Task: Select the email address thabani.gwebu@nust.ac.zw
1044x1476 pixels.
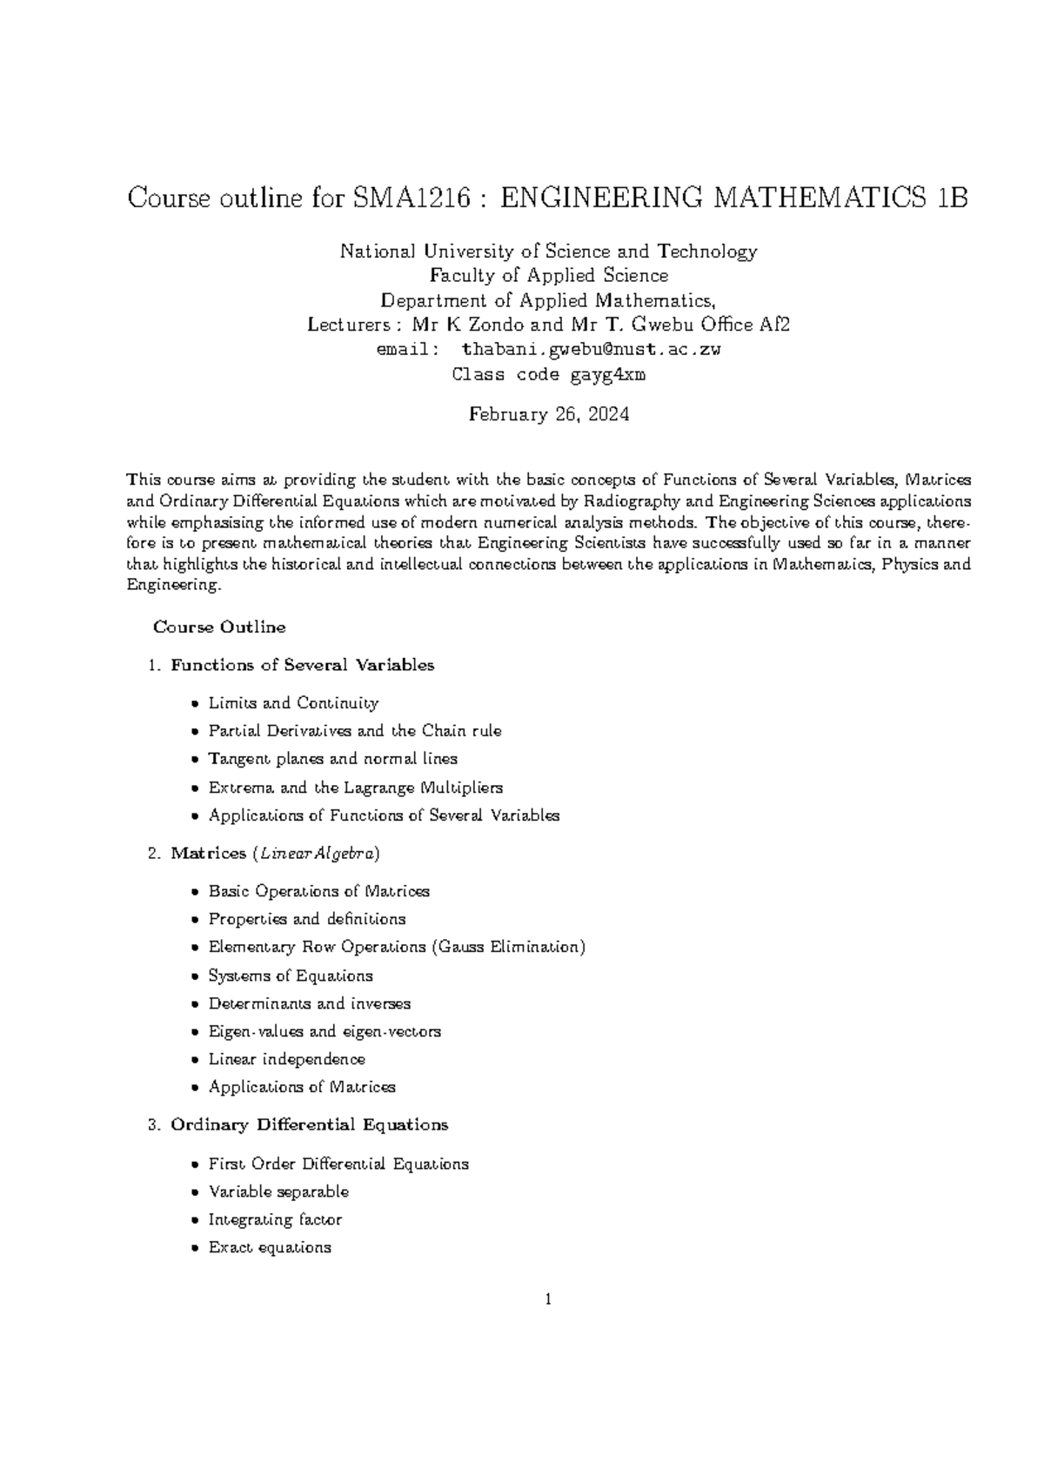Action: click(x=591, y=350)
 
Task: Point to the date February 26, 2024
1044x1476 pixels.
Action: click(x=549, y=414)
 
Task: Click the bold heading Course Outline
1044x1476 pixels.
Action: click(x=219, y=627)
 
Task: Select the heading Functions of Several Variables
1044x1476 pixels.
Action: click(x=302, y=665)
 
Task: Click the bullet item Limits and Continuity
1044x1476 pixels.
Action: click(x=293, y=702)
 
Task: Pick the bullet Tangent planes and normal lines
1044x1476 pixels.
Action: click(x=332, y=759)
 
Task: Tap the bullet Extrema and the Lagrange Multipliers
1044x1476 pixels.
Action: click(x=355, y=788)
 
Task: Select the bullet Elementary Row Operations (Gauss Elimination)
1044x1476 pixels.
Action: click(x=396, y=947)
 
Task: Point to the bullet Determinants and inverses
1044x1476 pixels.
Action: click(x=309, y=1003)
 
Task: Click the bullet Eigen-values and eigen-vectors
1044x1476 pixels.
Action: click(x=324, y=1031)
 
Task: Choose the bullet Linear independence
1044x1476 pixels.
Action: click(x=286, y=1059)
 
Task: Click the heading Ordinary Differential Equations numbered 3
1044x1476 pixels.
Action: click(x=309, y=1124)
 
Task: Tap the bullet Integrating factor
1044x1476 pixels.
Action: click(x=275, y=1219)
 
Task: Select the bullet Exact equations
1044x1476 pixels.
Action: click(x=270, y=1247)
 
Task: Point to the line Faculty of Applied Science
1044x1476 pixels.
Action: click(x=549, y=276)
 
